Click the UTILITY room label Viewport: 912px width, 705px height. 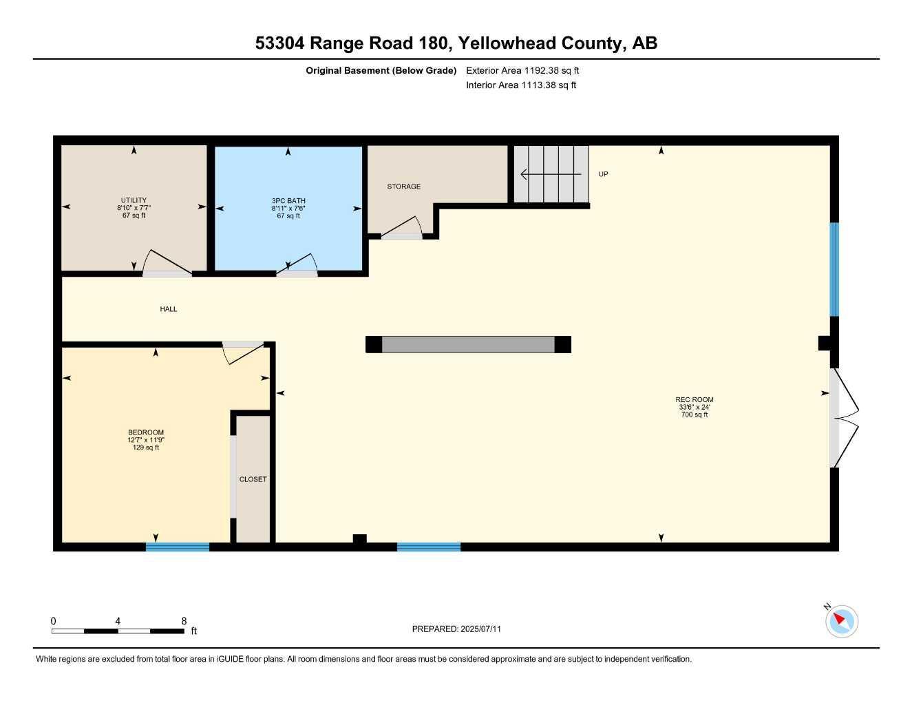point(134,200)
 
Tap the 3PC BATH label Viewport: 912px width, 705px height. point(288,200)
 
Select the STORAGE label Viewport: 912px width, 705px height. point(403,187)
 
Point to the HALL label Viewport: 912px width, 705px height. point(169,309)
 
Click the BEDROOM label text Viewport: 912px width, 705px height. point(146,432)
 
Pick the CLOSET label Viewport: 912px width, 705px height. point(253,479)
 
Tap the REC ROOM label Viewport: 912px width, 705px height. point(694,399)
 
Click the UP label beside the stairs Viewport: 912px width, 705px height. point(603,174)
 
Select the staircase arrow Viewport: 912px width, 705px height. point(551,174)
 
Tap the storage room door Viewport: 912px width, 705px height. point(403,229)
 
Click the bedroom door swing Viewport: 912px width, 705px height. point(242,350)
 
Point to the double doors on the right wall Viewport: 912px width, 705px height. point(844,418)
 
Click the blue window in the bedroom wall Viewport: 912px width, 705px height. point(178,547)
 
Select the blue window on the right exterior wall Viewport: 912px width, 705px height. point(834,269)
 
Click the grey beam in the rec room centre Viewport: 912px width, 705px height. point(468,344)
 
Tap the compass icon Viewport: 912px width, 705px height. point(841,621)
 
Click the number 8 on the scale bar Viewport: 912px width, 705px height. point(184,621)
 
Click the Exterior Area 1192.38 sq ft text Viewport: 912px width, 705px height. point(522,70)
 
